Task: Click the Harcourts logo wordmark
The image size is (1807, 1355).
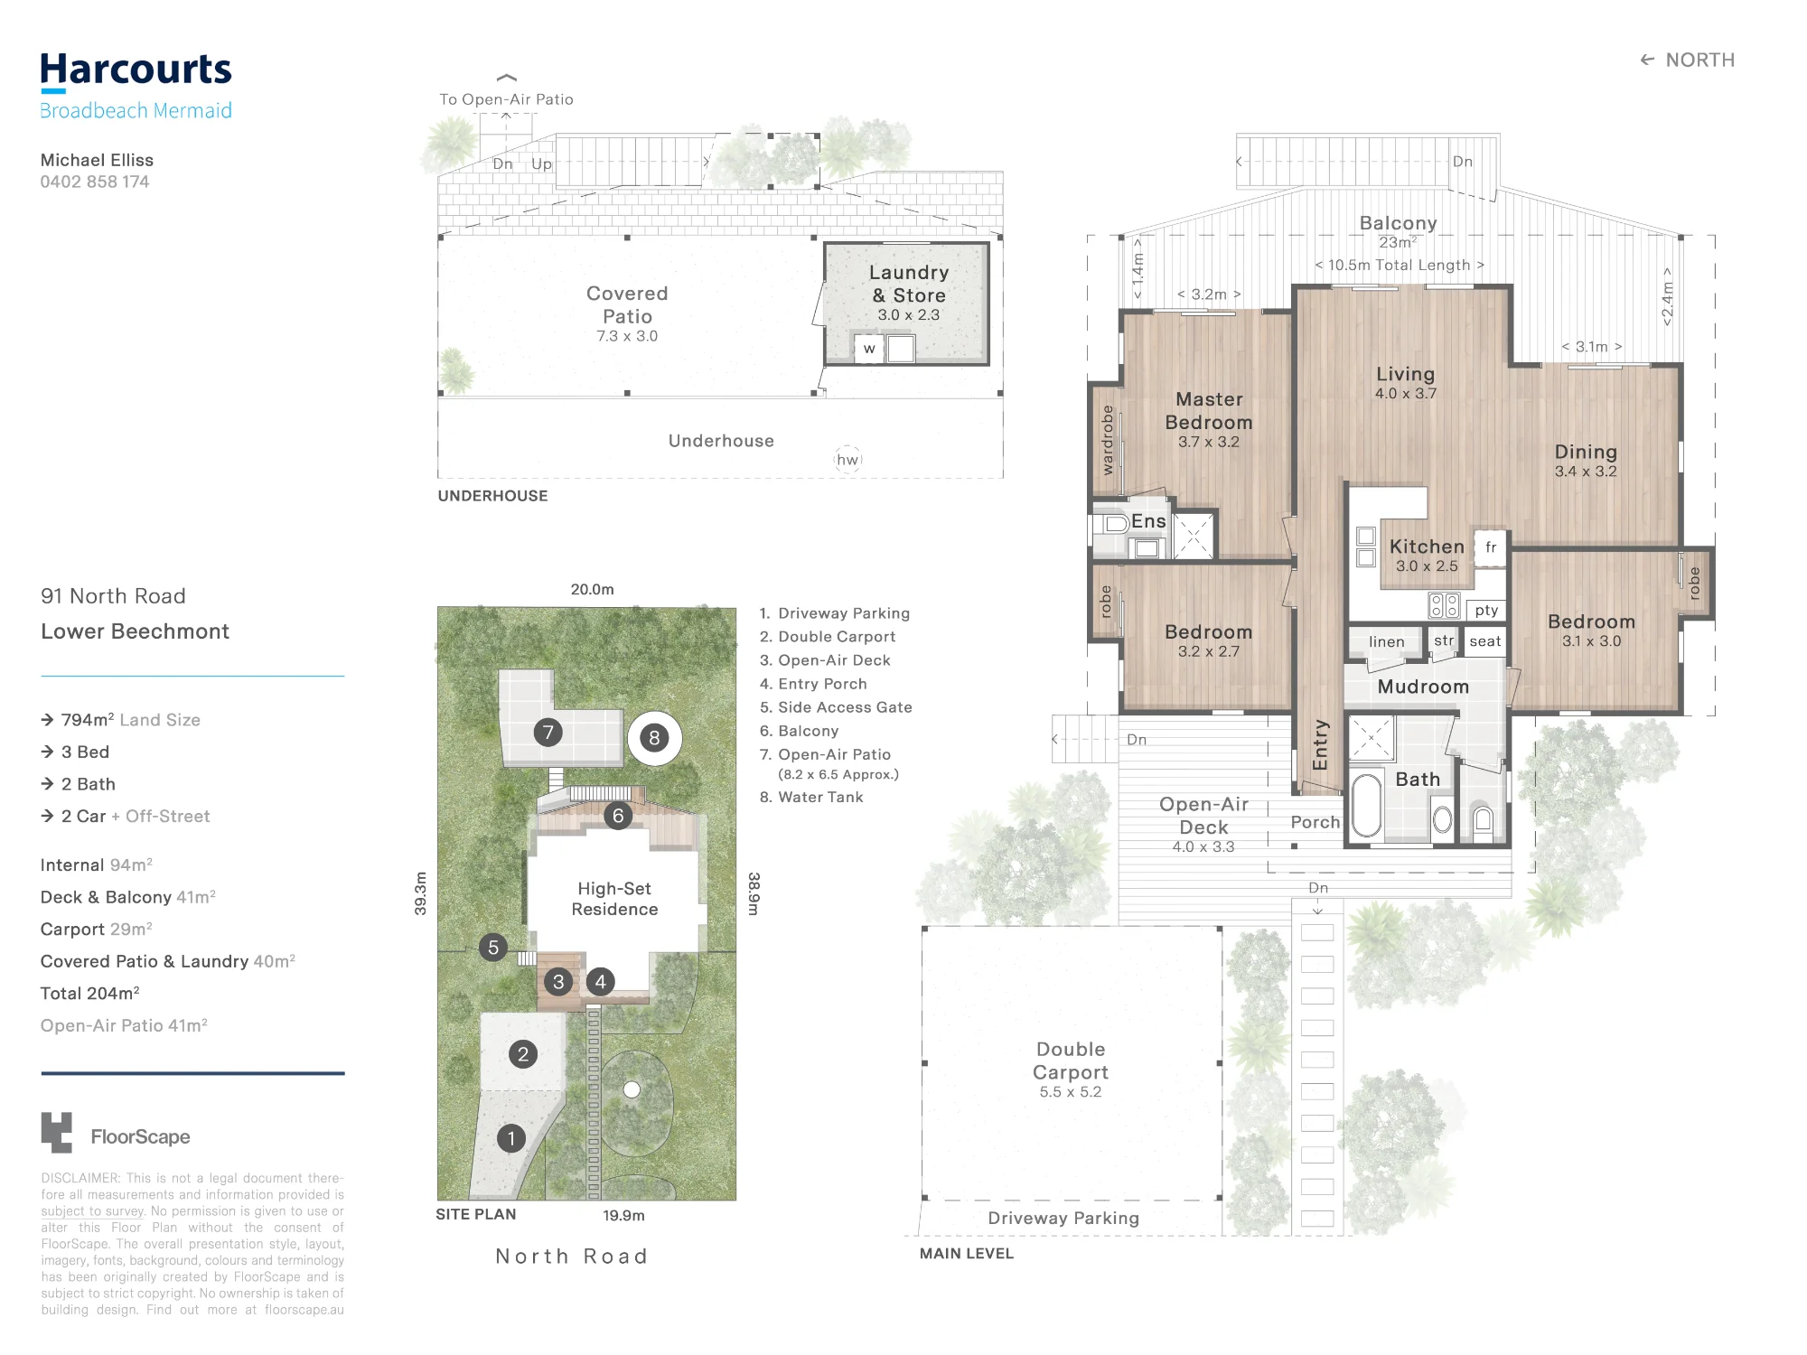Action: (x=136, y=70)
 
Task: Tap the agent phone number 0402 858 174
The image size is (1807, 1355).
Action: (x=95, y=182)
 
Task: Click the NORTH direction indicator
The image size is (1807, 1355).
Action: (x=1687, y=60)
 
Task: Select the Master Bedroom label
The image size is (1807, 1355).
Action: (x=1209, y=411)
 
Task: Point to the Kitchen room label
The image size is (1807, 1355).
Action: (x=1427, y=547)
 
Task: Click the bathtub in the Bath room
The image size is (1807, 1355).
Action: (x=1367, y=805)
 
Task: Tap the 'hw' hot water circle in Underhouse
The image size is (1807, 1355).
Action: (x=847, y=460)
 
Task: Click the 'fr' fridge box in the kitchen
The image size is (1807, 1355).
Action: (x=1491, y=547)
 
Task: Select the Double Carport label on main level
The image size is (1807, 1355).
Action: (x=1071, y=1061)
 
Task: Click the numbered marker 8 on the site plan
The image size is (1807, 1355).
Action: (x=654, y=738)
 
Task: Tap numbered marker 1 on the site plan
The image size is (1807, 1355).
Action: (x=511, y=1138)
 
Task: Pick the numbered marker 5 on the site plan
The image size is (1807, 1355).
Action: (x=493, y=948)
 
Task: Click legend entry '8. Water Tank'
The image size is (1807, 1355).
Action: (x=811, y=797)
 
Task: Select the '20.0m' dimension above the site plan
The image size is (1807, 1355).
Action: (x=592, y=589)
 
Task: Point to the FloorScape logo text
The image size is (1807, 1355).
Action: (x=140, y=1136)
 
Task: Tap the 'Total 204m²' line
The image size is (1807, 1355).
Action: (x=89, y=993)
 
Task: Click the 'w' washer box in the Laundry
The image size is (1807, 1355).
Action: (x=869, y=348)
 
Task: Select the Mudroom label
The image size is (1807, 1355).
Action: (x=1423, y=687)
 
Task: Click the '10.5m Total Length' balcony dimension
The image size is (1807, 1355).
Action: (x=1400, y=265)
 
